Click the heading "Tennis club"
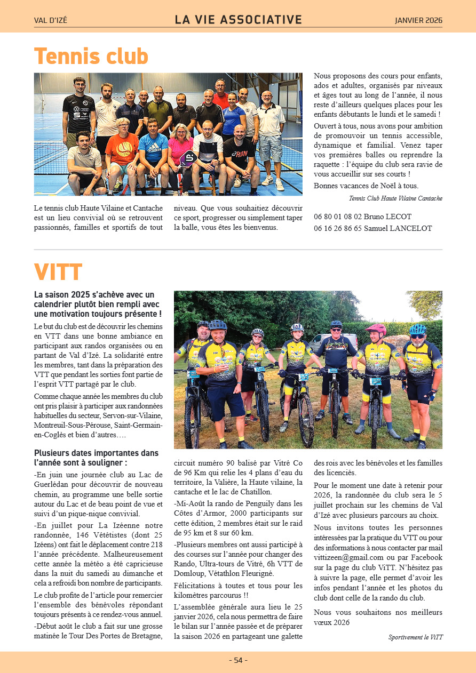(91, 56)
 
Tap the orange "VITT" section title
(58, 272)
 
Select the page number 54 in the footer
(238, 660)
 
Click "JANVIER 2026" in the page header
(418, 21)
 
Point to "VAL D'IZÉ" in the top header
(51, 21)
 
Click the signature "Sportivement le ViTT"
(415, 637)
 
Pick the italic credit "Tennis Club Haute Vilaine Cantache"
(395, 198)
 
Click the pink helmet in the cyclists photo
(376, 329)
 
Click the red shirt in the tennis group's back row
(220, 99)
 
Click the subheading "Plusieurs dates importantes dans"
(96, 453)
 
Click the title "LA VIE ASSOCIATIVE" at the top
(238, 20)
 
